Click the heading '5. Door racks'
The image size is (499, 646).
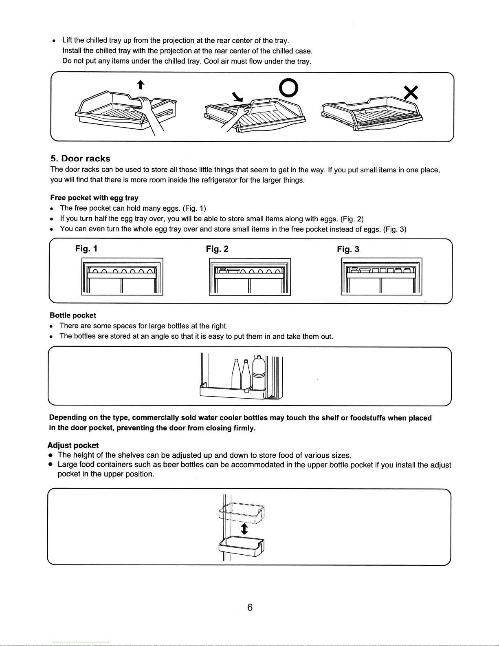(x=80, y=159)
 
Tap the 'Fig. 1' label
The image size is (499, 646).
(x=86, y=249)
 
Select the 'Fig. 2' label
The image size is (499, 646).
(x=217, y=249)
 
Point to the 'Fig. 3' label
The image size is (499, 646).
(x=348, y=249)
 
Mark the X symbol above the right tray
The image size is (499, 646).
(x=411, y=93)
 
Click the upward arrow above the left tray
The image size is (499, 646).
(x=140, y=84)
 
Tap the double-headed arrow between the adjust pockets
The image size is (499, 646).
(x=244, y=529)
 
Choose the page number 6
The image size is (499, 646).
(x=250, y=607)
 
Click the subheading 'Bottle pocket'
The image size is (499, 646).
(x=73, y=315)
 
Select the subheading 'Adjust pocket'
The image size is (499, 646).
(x=73, y=445)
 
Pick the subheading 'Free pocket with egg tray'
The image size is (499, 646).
(x=95, y=198)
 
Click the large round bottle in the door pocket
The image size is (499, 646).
(x=259, y=374)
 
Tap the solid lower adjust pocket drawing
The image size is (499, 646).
(x=242, y=547)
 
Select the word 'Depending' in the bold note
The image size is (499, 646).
(x=68, y=418)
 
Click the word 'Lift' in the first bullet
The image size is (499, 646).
(x=67, y=40)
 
